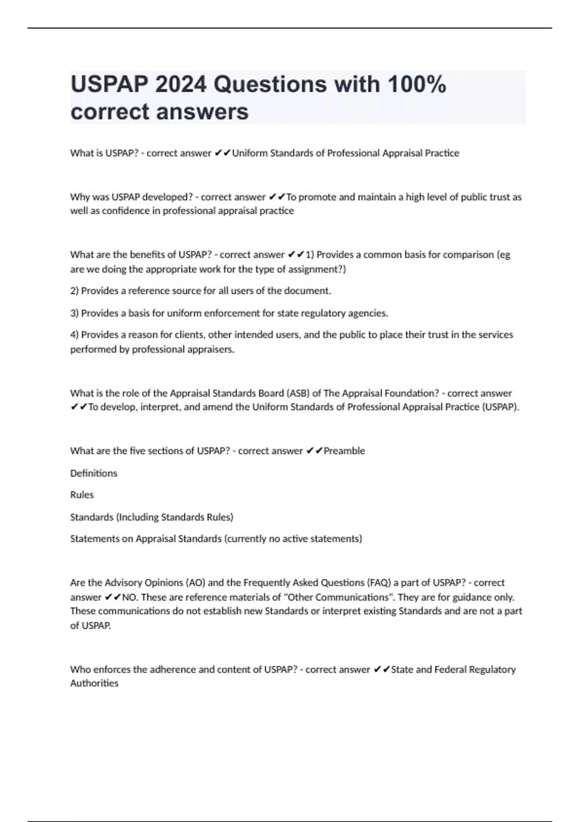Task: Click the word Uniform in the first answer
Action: point(249,153)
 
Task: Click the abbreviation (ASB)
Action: point(298,393)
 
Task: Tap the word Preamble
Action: point(344,451)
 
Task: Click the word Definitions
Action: point(94,473)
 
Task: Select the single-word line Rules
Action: point(82,495)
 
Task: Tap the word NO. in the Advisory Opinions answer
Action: point(130,597)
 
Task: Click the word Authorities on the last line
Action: point(94,683)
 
